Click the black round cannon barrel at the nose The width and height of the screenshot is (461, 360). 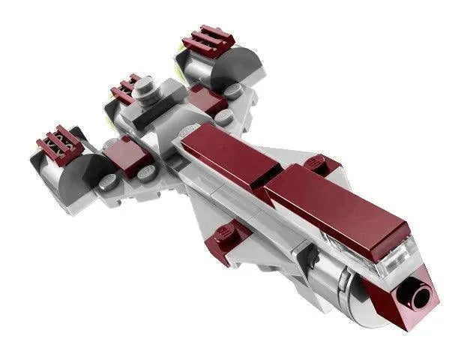(417, 295)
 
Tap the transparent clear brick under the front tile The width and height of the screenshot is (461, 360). (394, 252)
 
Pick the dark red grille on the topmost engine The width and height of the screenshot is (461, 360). (206, 41)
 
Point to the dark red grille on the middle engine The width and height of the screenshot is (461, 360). (125, 88)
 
